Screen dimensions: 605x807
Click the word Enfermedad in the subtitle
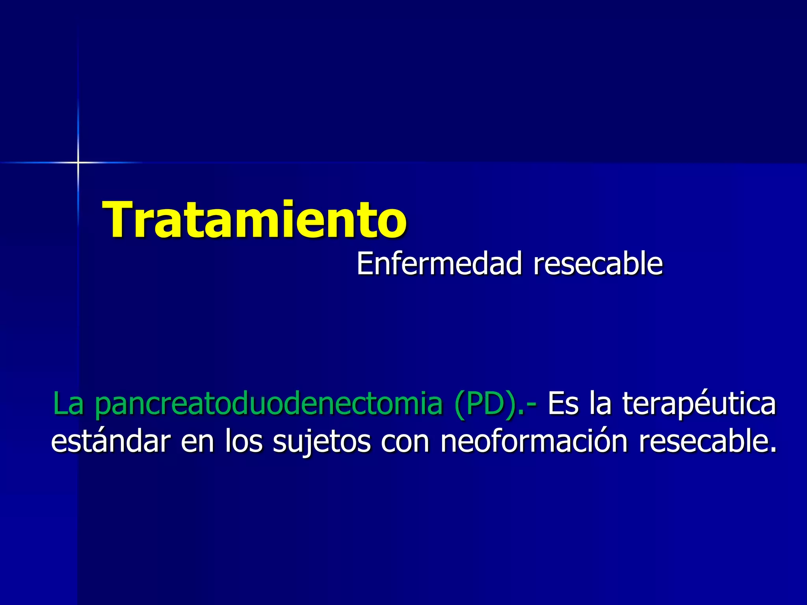tap(439, 264)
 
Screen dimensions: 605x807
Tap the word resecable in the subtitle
tap(598, 264)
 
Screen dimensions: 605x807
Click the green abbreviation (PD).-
tap(495, 404)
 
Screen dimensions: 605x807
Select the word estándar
tap(111, 441)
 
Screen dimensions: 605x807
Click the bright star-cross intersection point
tap(78, 162)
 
